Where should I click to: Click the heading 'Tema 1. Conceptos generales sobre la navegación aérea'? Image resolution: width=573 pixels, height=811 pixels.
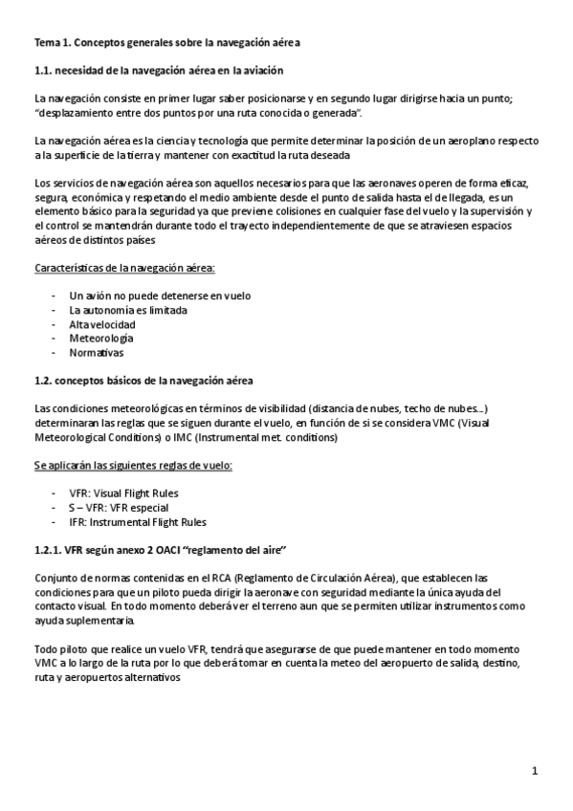(x=177, y=43)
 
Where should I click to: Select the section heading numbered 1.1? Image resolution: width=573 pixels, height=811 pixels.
(x=159, y=71)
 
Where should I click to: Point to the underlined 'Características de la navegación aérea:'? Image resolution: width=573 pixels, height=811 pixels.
(x=124, y=268)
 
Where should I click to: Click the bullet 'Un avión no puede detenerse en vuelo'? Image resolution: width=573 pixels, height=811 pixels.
(x=160, y=296)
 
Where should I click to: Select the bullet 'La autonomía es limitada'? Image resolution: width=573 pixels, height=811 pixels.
(x=128, y=310)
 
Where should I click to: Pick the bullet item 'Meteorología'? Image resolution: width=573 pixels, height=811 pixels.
(x=101, y=339)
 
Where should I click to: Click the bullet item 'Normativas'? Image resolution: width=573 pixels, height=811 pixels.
(x=97, y=353)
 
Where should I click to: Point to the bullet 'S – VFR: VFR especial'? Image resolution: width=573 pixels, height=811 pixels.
(x=120, y=508)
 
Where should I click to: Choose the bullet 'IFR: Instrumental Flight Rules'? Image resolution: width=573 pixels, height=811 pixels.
(x=138, y=522)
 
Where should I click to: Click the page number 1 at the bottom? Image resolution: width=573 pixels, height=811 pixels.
(x=537, y=770)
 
